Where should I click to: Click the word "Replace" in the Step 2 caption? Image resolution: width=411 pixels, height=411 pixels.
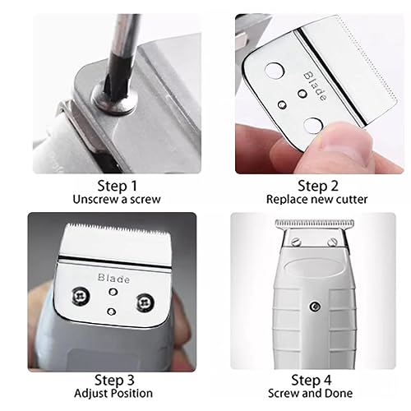[x=284, y=199]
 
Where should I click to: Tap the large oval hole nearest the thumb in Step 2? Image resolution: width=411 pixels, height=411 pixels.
[x=313, y=126]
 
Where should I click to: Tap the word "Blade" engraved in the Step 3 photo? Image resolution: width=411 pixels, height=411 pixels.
[x=113, y=279]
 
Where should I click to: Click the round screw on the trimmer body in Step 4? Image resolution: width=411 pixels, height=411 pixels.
[x=314, y=307]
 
